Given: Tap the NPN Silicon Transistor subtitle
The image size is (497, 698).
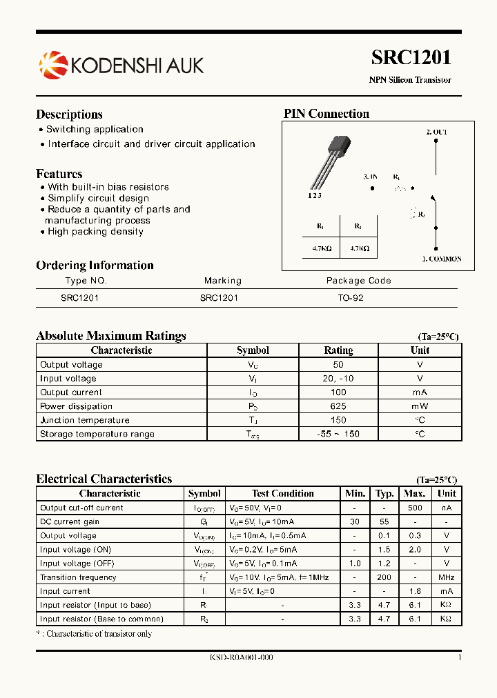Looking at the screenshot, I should point(410,80).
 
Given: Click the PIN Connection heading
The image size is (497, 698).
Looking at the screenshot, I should point(327,114).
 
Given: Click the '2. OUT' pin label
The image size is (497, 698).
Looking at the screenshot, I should point(436,132).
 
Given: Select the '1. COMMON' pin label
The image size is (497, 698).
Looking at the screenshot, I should point(442,259).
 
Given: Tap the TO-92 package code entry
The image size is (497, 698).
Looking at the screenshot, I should point(351,298).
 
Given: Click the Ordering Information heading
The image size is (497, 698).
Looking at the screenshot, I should point(95,266).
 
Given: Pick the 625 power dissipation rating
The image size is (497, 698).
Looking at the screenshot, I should point(338,406).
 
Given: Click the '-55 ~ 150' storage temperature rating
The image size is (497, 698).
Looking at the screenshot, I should point(338,434).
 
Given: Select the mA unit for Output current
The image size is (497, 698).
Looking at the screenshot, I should point(420,392).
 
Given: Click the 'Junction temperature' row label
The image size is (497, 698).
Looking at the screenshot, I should point(85,420).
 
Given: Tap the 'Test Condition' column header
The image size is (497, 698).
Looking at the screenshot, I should point(282,493).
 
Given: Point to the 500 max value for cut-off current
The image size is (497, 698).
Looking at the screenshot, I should point(414,508).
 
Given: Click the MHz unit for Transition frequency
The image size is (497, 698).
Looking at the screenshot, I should point(447,577).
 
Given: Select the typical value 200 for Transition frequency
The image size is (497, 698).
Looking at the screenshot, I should point(384,577).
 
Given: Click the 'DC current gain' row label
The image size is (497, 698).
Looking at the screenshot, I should point(70,521).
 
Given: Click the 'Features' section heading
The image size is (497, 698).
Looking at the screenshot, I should point(59,174).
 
